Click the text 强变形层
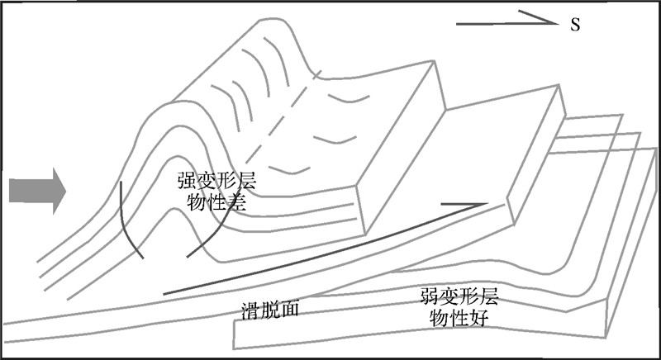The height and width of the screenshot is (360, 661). [x=216, y=183]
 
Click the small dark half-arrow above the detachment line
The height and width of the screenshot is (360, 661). [x=463, y=204]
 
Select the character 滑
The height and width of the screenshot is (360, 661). [x=250, y=310]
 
